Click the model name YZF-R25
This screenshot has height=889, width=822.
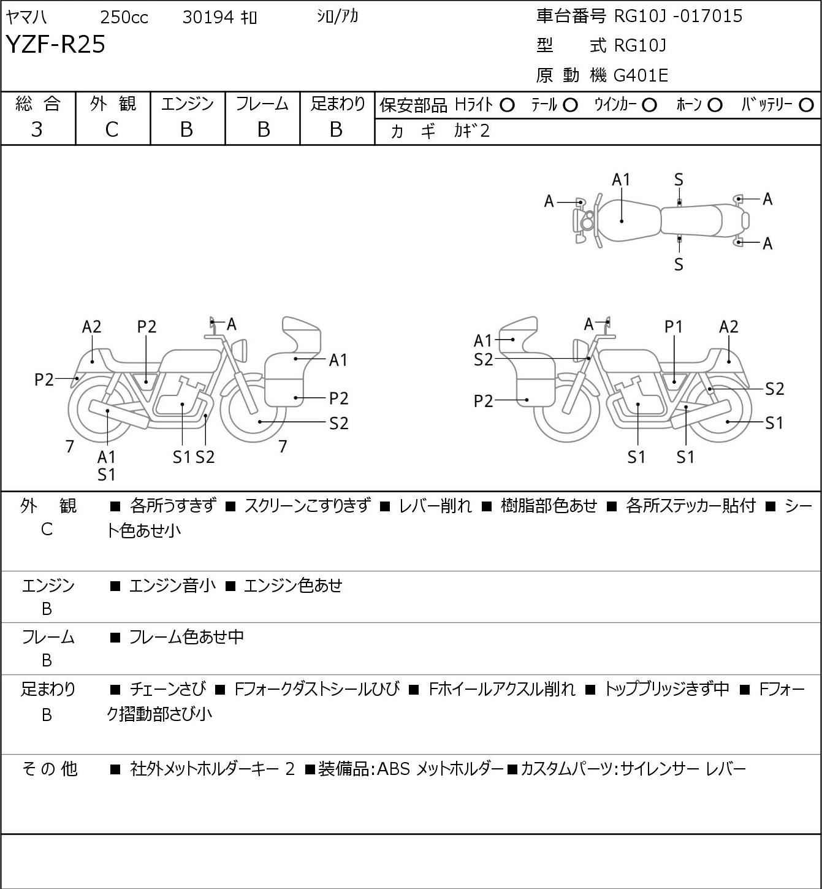click(56, 44)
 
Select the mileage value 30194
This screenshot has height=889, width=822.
click(208, 17)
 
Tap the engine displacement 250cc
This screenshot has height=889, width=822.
click(124, 17)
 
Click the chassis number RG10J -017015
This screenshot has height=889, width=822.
click(678, 16)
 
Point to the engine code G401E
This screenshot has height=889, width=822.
click(641, 75)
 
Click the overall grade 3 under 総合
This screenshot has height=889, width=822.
click(37, 130)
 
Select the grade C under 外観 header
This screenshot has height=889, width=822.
click(112, 130)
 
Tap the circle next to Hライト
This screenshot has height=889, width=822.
click(507, 105)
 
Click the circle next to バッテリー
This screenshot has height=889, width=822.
click(806, 105)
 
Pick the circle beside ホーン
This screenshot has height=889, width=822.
click(715, 105)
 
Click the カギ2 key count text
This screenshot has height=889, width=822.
click(471, 131)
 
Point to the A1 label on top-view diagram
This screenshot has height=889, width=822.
click(621, 180)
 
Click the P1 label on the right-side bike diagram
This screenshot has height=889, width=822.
click(674, 327)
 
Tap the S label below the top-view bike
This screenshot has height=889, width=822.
click(679, 264)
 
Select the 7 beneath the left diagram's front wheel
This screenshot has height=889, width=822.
click(283, 446)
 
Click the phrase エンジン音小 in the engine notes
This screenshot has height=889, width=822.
click(172, 586)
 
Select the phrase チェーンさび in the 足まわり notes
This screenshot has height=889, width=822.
click(168, 689)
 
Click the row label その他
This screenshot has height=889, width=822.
click(50, 769)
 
